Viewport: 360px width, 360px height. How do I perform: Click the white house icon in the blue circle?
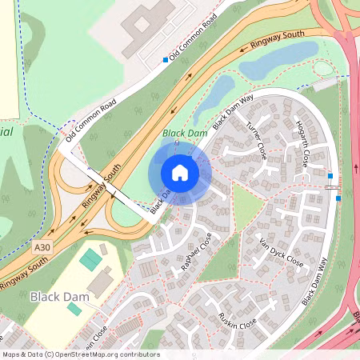[180, 172]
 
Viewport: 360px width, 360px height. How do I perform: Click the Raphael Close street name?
[197, 254]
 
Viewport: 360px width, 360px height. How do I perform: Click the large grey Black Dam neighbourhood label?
[56, 297]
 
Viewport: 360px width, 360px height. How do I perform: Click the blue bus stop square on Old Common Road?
[166, 59]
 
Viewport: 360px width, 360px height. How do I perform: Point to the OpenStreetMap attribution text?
[80, 354]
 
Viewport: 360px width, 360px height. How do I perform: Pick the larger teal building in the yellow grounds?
[90, 259]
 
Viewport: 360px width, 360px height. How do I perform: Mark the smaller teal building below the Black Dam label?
[74, 309]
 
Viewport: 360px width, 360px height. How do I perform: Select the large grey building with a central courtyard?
[146, 28]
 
